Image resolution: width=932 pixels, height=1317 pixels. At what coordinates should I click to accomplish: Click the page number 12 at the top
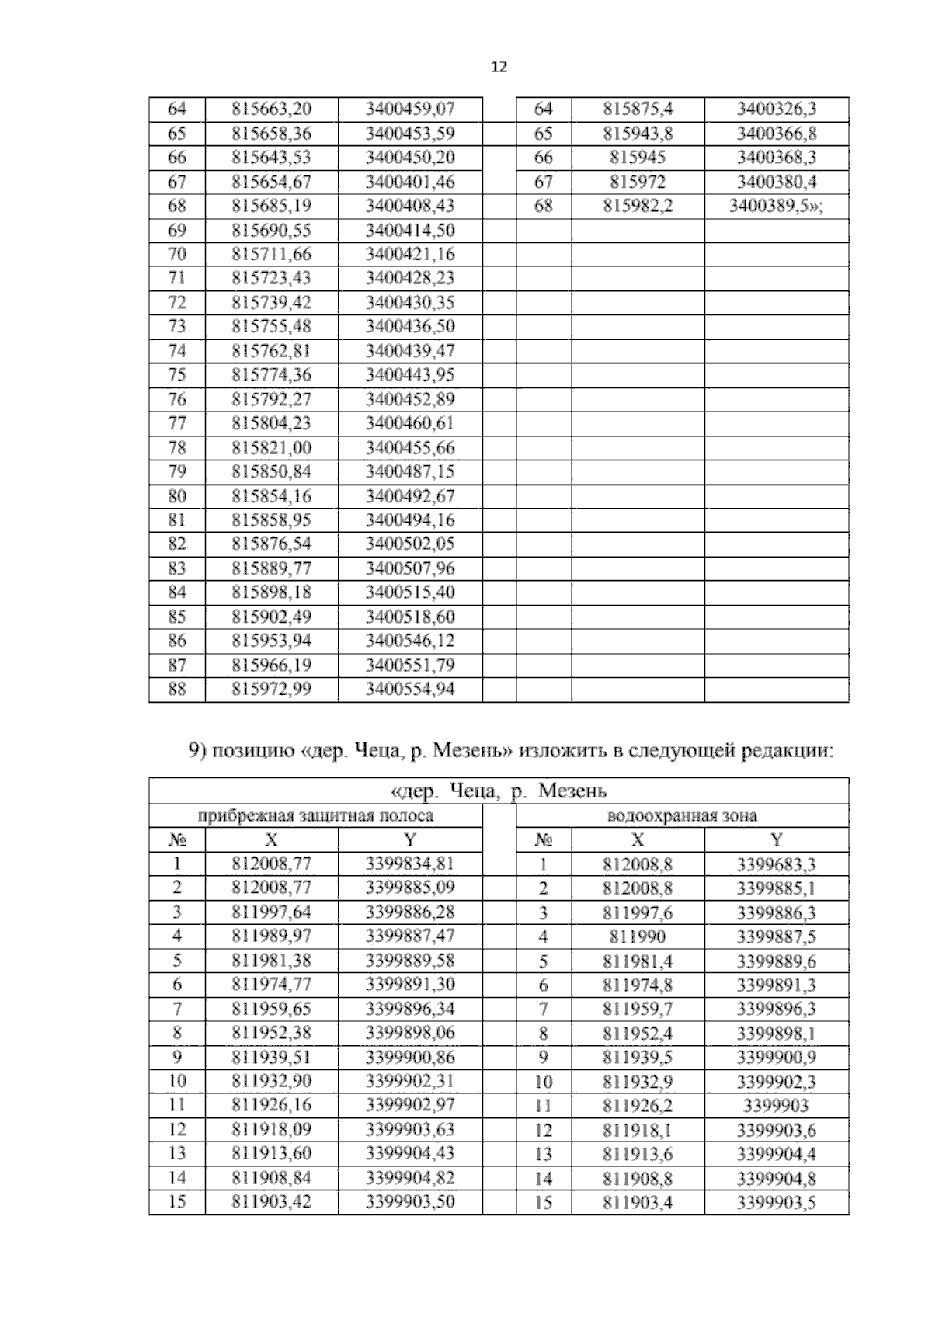point(499,67)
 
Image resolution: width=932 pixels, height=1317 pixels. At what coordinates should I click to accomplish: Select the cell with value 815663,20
point(271,109)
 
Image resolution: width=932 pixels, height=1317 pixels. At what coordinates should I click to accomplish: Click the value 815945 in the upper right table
point(637,158)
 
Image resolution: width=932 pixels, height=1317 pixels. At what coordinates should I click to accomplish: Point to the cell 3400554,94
point(409,690)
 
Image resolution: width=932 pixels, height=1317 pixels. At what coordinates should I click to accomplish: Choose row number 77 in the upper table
point(177,423)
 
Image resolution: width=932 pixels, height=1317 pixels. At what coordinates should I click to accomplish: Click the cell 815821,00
point(271,448)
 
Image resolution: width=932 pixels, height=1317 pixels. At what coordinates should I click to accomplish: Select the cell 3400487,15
point(409,472)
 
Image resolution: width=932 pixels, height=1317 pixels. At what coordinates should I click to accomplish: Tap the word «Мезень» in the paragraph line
point(472,751)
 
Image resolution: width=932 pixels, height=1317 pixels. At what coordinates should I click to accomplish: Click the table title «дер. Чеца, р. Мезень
point(498,791)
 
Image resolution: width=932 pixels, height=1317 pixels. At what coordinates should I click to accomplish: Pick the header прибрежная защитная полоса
point(315,815)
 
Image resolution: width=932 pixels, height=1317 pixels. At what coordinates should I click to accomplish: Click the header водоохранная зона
point(682,815)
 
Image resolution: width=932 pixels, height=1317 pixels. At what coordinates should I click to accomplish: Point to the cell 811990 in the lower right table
point(637,936)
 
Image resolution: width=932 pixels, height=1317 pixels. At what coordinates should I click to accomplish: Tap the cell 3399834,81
point(409,864)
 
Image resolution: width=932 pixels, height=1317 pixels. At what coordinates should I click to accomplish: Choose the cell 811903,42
point(271,1202)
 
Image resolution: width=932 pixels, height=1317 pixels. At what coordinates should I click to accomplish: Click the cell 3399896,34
point(409,1009)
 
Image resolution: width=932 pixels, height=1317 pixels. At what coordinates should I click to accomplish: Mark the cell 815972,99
point(271,690)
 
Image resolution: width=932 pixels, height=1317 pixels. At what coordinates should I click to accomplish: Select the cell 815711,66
point(271,255)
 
